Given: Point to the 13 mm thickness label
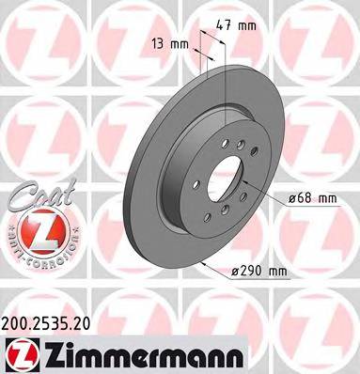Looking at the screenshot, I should click(x=171, y=43).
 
